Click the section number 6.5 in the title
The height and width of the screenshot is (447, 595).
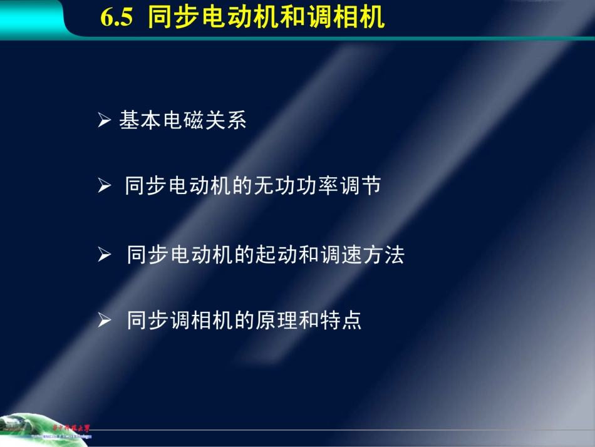(116, 18)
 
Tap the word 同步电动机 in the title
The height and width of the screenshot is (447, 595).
(206, 18)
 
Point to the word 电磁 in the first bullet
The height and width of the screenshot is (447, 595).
(182, 120)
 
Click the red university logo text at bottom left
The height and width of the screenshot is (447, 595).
(70, 428)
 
